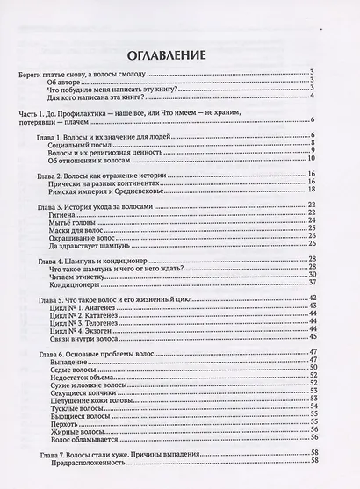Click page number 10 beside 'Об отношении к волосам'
(336, 160)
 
